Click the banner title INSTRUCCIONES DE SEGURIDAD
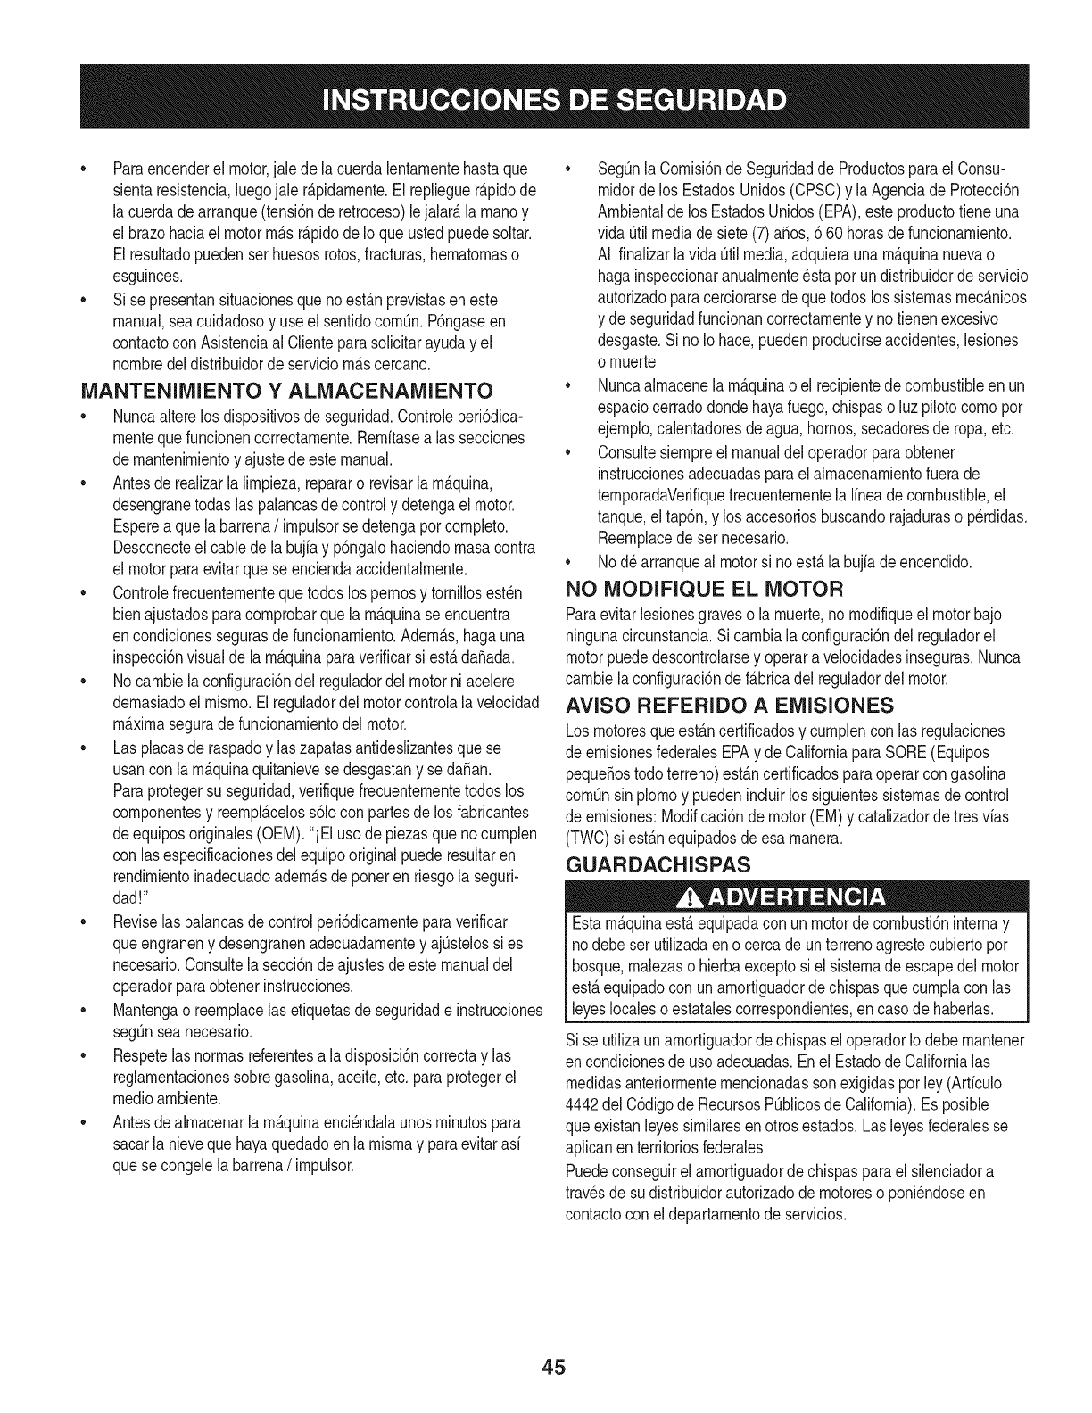[547, 95]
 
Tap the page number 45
[547, 1368]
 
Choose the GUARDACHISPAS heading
[659, 863]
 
